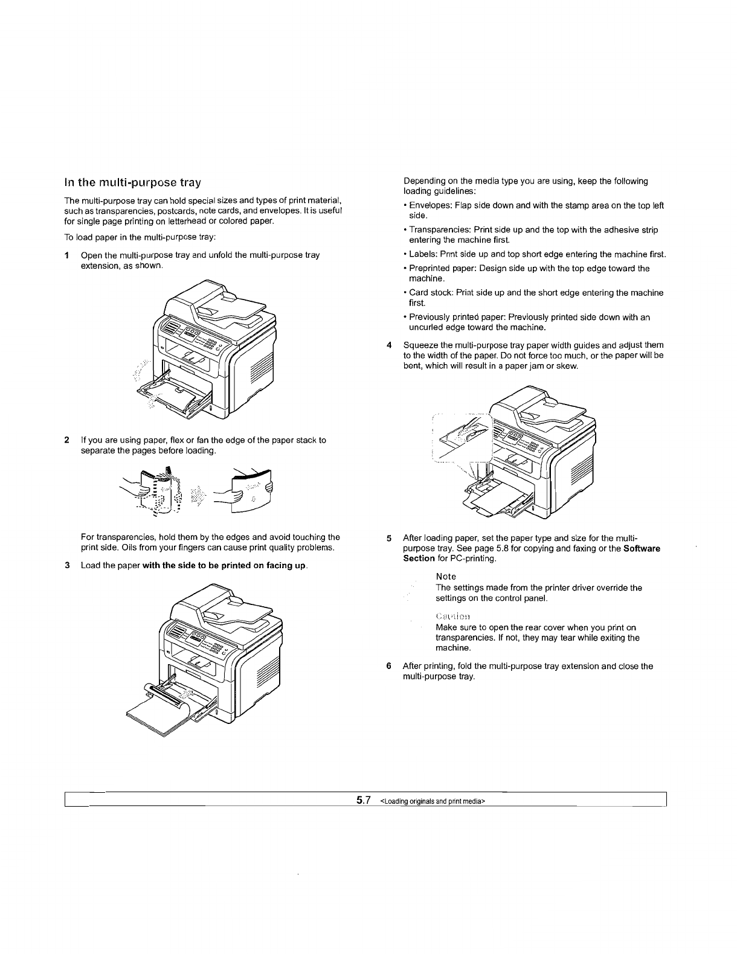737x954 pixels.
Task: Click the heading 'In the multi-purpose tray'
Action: pos(132,182)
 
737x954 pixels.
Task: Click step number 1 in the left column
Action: pos(67,255)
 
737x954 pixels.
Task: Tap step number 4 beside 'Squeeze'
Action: pos(389,345)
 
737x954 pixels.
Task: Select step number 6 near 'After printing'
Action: pos(389,666)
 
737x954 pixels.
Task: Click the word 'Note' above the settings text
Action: pos(446,577)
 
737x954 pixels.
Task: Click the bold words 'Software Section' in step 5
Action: pos(642,548)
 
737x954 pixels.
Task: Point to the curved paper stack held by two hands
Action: pos(251,489)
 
